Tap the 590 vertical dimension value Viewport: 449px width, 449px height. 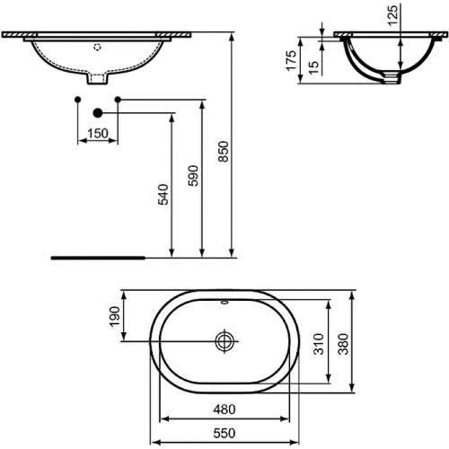coord(192,176)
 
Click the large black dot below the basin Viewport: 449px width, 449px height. coord(98,113)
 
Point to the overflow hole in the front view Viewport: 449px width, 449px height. coord(99,46)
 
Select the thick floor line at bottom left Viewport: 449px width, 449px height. coord(98,256)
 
